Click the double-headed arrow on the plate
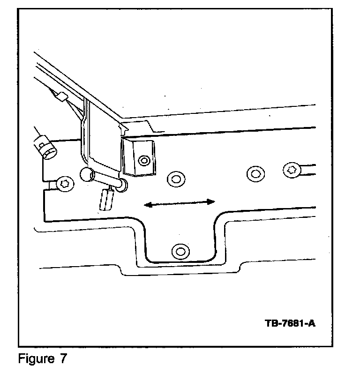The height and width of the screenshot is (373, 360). click(x=179, y=202)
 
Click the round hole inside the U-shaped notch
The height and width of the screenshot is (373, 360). click(x=179, y=250)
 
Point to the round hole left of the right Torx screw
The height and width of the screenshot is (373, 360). click(x=255, y=173)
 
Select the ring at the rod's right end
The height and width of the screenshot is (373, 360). click(x=123, y=185)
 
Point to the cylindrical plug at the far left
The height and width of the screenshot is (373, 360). click(x=46, y=145)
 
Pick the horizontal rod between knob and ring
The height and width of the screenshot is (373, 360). click(x=106, y=180)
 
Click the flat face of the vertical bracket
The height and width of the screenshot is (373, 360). click(x=100, y=136)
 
